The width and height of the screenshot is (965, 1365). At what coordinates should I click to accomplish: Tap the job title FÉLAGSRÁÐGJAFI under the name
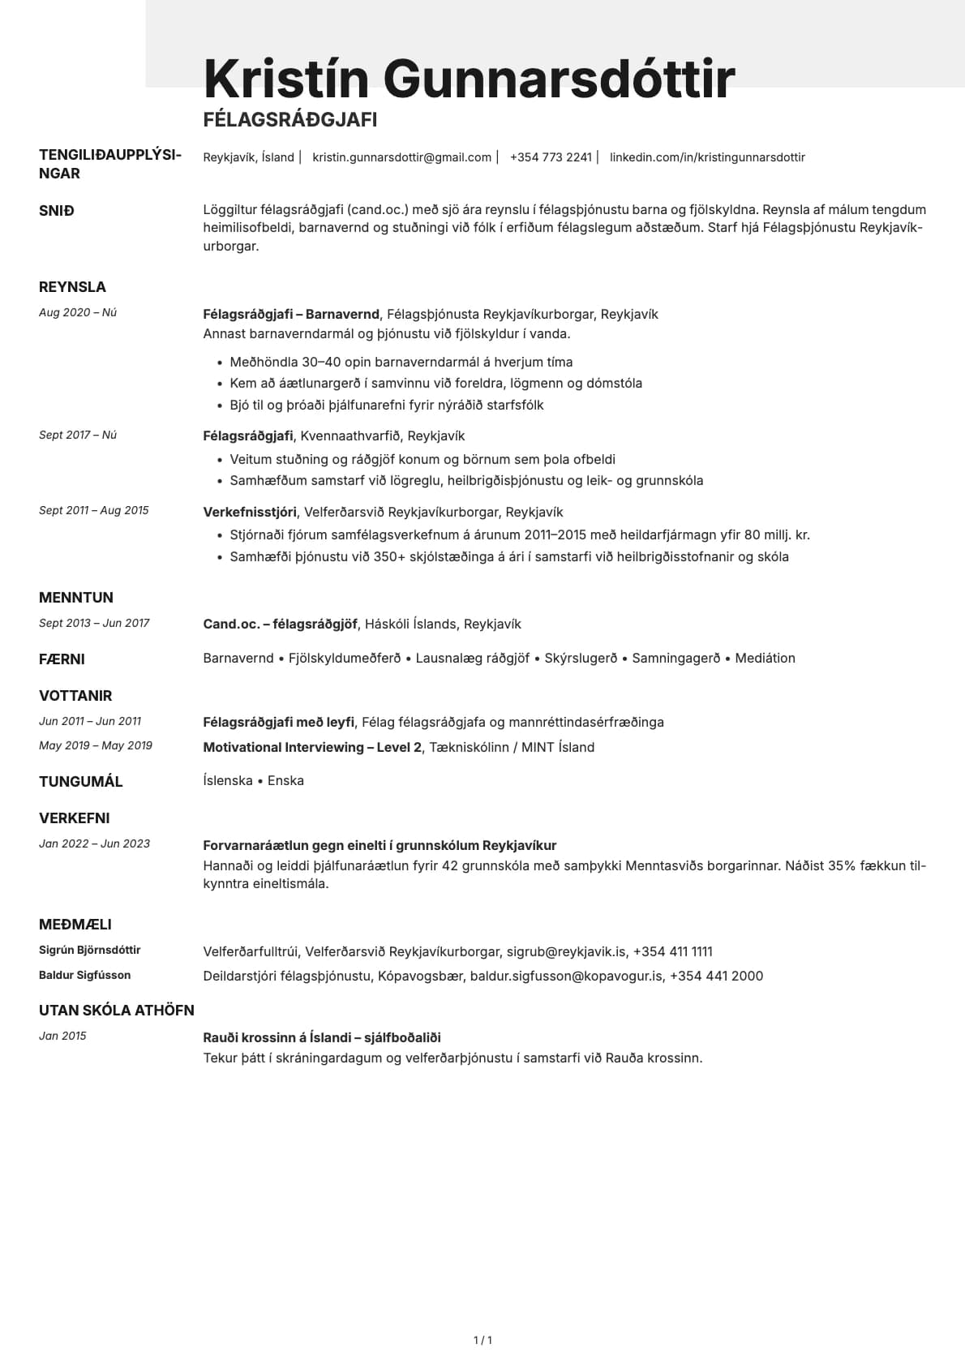point(289,120)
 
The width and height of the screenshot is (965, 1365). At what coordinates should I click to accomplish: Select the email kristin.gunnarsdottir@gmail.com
point(401,157)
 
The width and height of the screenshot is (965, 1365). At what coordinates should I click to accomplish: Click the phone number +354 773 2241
point(551,157)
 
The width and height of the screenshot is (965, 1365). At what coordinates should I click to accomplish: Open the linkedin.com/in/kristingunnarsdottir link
point(707,157)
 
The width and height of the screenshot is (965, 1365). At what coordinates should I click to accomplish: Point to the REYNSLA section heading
point(72,287)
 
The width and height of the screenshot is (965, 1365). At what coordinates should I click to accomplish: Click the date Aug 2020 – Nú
point(78,312)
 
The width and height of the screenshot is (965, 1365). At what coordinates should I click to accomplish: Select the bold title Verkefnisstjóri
point(250,513)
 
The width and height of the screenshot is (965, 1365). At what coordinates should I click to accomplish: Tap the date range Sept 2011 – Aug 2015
point(94,510)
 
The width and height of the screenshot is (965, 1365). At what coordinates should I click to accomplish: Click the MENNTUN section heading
point(76,598)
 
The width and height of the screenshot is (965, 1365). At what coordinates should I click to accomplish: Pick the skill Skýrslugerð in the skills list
point(581,659)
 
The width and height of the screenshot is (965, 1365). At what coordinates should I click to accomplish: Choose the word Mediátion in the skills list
point(765,659)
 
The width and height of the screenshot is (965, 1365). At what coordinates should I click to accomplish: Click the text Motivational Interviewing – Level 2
point(312,748)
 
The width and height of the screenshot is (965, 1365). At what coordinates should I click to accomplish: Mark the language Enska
point(285,781)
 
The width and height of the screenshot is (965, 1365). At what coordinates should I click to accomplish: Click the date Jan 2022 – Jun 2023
point(94,843)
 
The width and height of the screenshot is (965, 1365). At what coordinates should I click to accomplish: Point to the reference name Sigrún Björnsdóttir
point(90,950)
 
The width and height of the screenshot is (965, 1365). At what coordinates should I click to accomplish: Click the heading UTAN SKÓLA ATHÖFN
point(117,1011)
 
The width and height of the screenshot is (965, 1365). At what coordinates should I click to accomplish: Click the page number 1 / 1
point(482,1341)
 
